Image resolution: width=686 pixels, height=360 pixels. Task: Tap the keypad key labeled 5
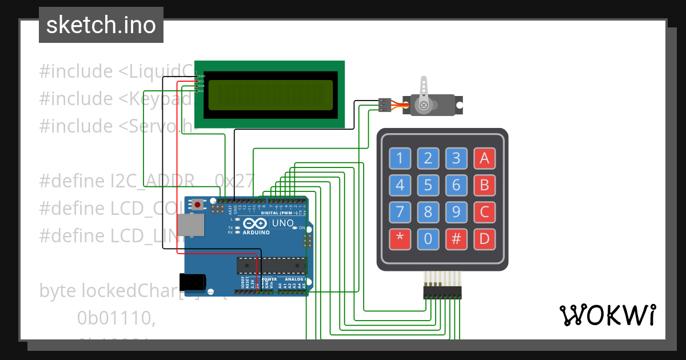click(x=428, y=185)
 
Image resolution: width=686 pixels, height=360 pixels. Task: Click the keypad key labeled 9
click(x=456, y=213)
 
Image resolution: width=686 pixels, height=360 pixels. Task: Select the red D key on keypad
click(x=484, y=239)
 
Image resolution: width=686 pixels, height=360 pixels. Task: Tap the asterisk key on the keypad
click(x=400, y=239)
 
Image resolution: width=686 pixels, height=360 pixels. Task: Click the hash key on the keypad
click(x=456, y=239)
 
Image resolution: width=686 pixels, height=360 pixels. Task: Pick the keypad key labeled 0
click(x=428, y=239)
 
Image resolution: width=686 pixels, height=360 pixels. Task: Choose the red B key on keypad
click(x=484, y=185)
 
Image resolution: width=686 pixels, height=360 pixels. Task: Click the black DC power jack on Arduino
click(x=192, y=282)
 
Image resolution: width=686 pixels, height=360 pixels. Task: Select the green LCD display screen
click(x=270, y=95)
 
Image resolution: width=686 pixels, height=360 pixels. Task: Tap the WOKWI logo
click(x=608, y=315)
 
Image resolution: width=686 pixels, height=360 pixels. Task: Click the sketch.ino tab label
click(x=101, y=25)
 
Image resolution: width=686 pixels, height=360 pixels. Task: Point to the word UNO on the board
click(x=282, y=223)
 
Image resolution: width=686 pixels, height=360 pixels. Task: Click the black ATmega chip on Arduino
click(x=272, y=266)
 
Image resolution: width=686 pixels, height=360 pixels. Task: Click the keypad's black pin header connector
click(x=441, y=293)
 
